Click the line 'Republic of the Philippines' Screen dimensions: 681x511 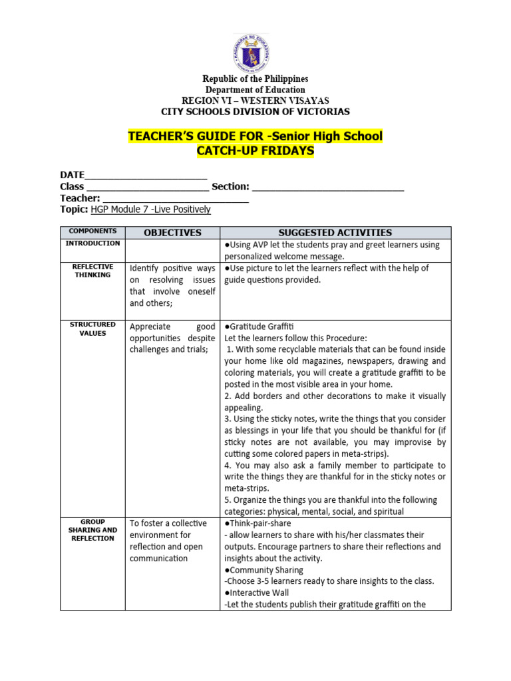pos(255,79)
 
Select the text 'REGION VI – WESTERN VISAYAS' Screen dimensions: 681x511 pos(255,100)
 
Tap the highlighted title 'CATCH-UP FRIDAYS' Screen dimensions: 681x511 pos(255,151)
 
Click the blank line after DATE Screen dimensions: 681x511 pos(146,176)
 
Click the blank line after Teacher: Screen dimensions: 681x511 pos(176,198)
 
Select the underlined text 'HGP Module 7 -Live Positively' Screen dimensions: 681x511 pos(150,209)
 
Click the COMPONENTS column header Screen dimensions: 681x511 pos(92,231)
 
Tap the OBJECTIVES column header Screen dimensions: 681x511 pos(172,233)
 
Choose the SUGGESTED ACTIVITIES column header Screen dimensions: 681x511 pos(335,233)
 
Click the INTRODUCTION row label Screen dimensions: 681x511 pos(92,243)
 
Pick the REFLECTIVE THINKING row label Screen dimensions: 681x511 pos(92,271)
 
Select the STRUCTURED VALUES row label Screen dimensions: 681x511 pos(92,329)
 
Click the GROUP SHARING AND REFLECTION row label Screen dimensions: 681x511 pos(92,530)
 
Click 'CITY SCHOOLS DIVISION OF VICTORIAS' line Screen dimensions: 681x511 pos(255,112)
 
